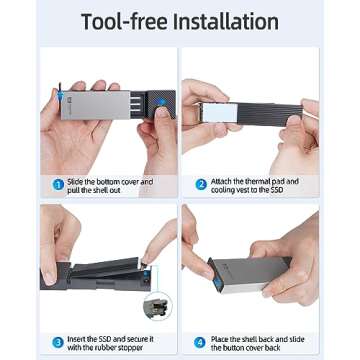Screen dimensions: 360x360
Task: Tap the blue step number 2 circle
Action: point(201,184)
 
